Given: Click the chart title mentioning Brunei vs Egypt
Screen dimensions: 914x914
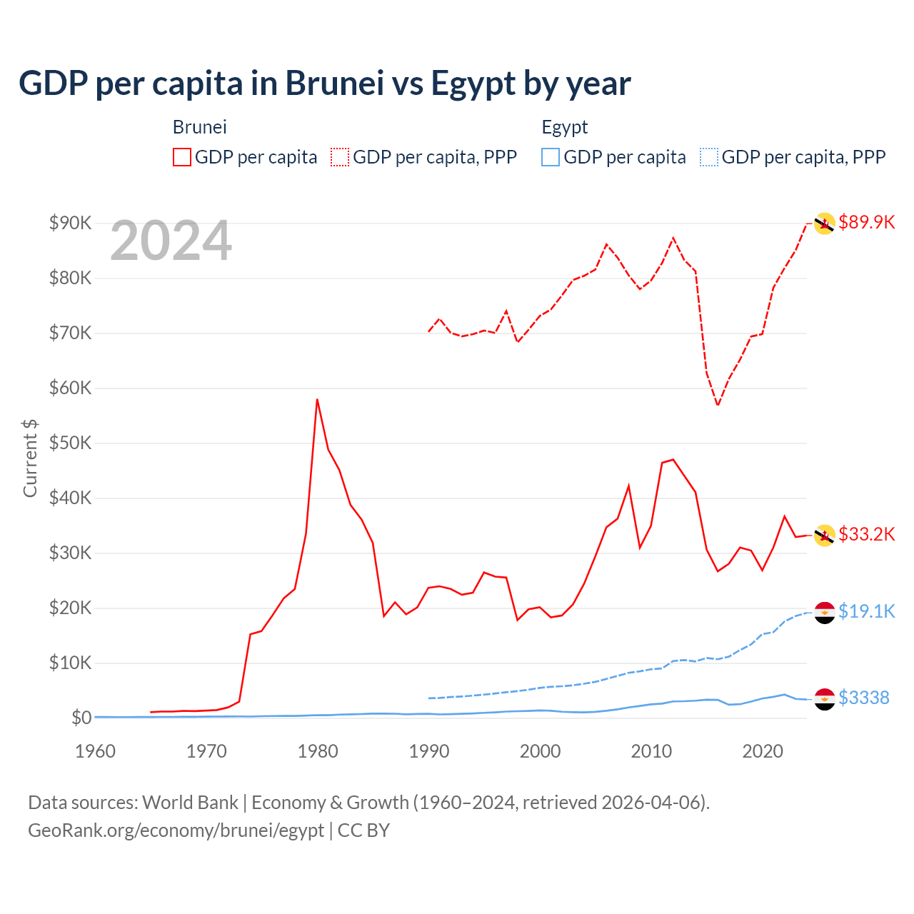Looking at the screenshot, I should pos(324,84).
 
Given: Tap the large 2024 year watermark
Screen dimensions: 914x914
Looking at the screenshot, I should pos(171,241).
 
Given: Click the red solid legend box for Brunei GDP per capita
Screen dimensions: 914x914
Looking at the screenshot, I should pos(182,157).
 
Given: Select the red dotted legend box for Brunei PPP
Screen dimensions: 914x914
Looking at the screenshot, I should pos(340,157).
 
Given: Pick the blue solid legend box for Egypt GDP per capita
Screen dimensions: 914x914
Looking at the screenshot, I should pos(551,157).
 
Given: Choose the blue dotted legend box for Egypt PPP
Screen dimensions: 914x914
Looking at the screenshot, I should pos(709,157).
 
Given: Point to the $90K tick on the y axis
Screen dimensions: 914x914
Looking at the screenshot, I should pos(70,223).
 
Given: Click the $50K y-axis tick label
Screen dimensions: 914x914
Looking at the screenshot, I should pos(70,443).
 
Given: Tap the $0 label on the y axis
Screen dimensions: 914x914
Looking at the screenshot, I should pos(81,718).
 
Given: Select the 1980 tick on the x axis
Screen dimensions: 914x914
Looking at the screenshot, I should pos(318,751).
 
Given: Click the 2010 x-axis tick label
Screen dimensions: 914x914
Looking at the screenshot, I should pos(651,751).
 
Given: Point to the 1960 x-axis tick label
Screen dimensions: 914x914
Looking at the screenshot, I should pos(95,751).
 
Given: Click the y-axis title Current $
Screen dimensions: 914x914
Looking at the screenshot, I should pos(30,458).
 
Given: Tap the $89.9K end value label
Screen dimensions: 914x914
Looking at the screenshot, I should pos(866,222).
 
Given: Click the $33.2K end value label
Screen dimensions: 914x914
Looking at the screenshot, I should pos(866,534).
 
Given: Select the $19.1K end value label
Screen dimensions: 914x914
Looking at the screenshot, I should pos(866,611).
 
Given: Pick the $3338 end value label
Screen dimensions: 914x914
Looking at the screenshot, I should pos(863,698).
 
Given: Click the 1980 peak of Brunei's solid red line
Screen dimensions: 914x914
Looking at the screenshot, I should pos(317,399).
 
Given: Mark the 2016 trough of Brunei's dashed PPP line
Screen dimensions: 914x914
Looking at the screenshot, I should pos(718,406).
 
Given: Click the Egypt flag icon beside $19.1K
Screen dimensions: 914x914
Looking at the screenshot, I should pos(825,613).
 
